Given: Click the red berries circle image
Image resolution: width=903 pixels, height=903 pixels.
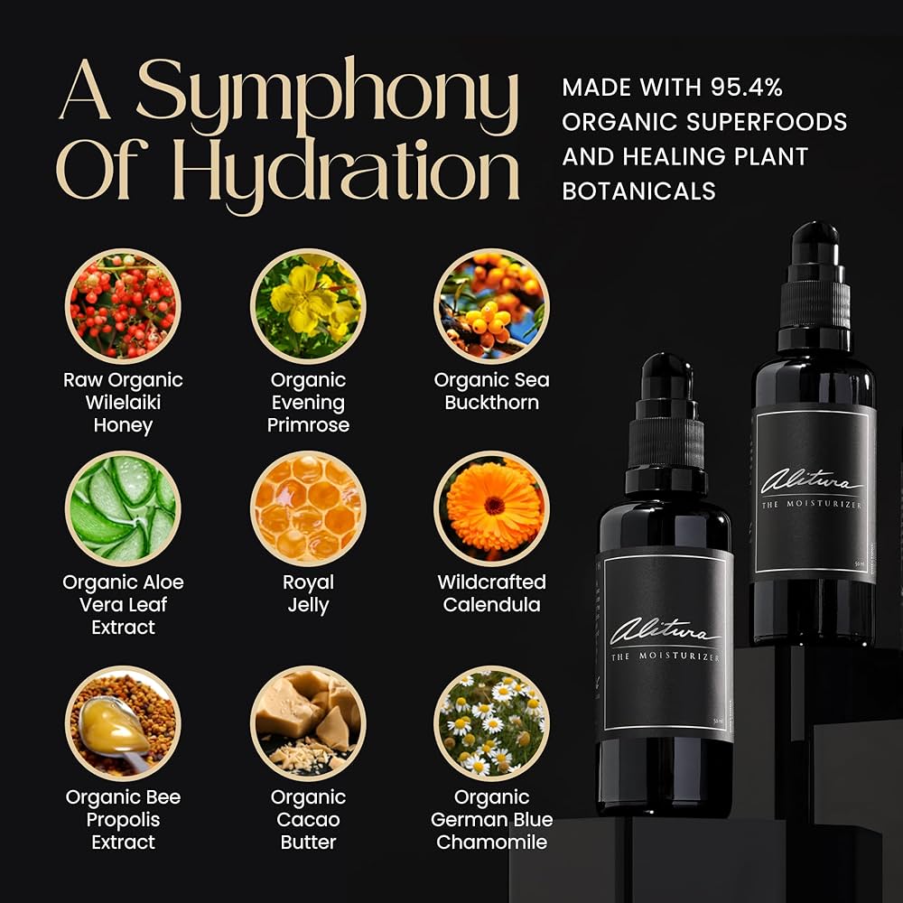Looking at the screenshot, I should (123, 306).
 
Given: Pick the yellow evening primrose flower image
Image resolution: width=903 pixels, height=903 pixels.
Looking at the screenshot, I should (308, 306).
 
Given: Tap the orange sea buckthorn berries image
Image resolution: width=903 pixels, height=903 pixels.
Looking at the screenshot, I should (492, 306).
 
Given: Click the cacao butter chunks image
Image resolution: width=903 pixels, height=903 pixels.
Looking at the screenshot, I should (308, 722).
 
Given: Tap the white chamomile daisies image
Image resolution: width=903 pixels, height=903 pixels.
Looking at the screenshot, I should (492, 722).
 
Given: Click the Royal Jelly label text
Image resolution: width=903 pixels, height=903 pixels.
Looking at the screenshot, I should (308, 593).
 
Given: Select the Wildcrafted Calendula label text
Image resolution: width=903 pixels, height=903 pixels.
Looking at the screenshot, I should (492, 593).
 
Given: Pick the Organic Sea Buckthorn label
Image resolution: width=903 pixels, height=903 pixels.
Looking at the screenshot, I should (492, 391).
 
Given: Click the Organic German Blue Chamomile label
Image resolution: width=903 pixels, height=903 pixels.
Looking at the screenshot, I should (492, 819).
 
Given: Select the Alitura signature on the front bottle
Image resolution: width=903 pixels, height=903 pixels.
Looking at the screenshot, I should (664, 630).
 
